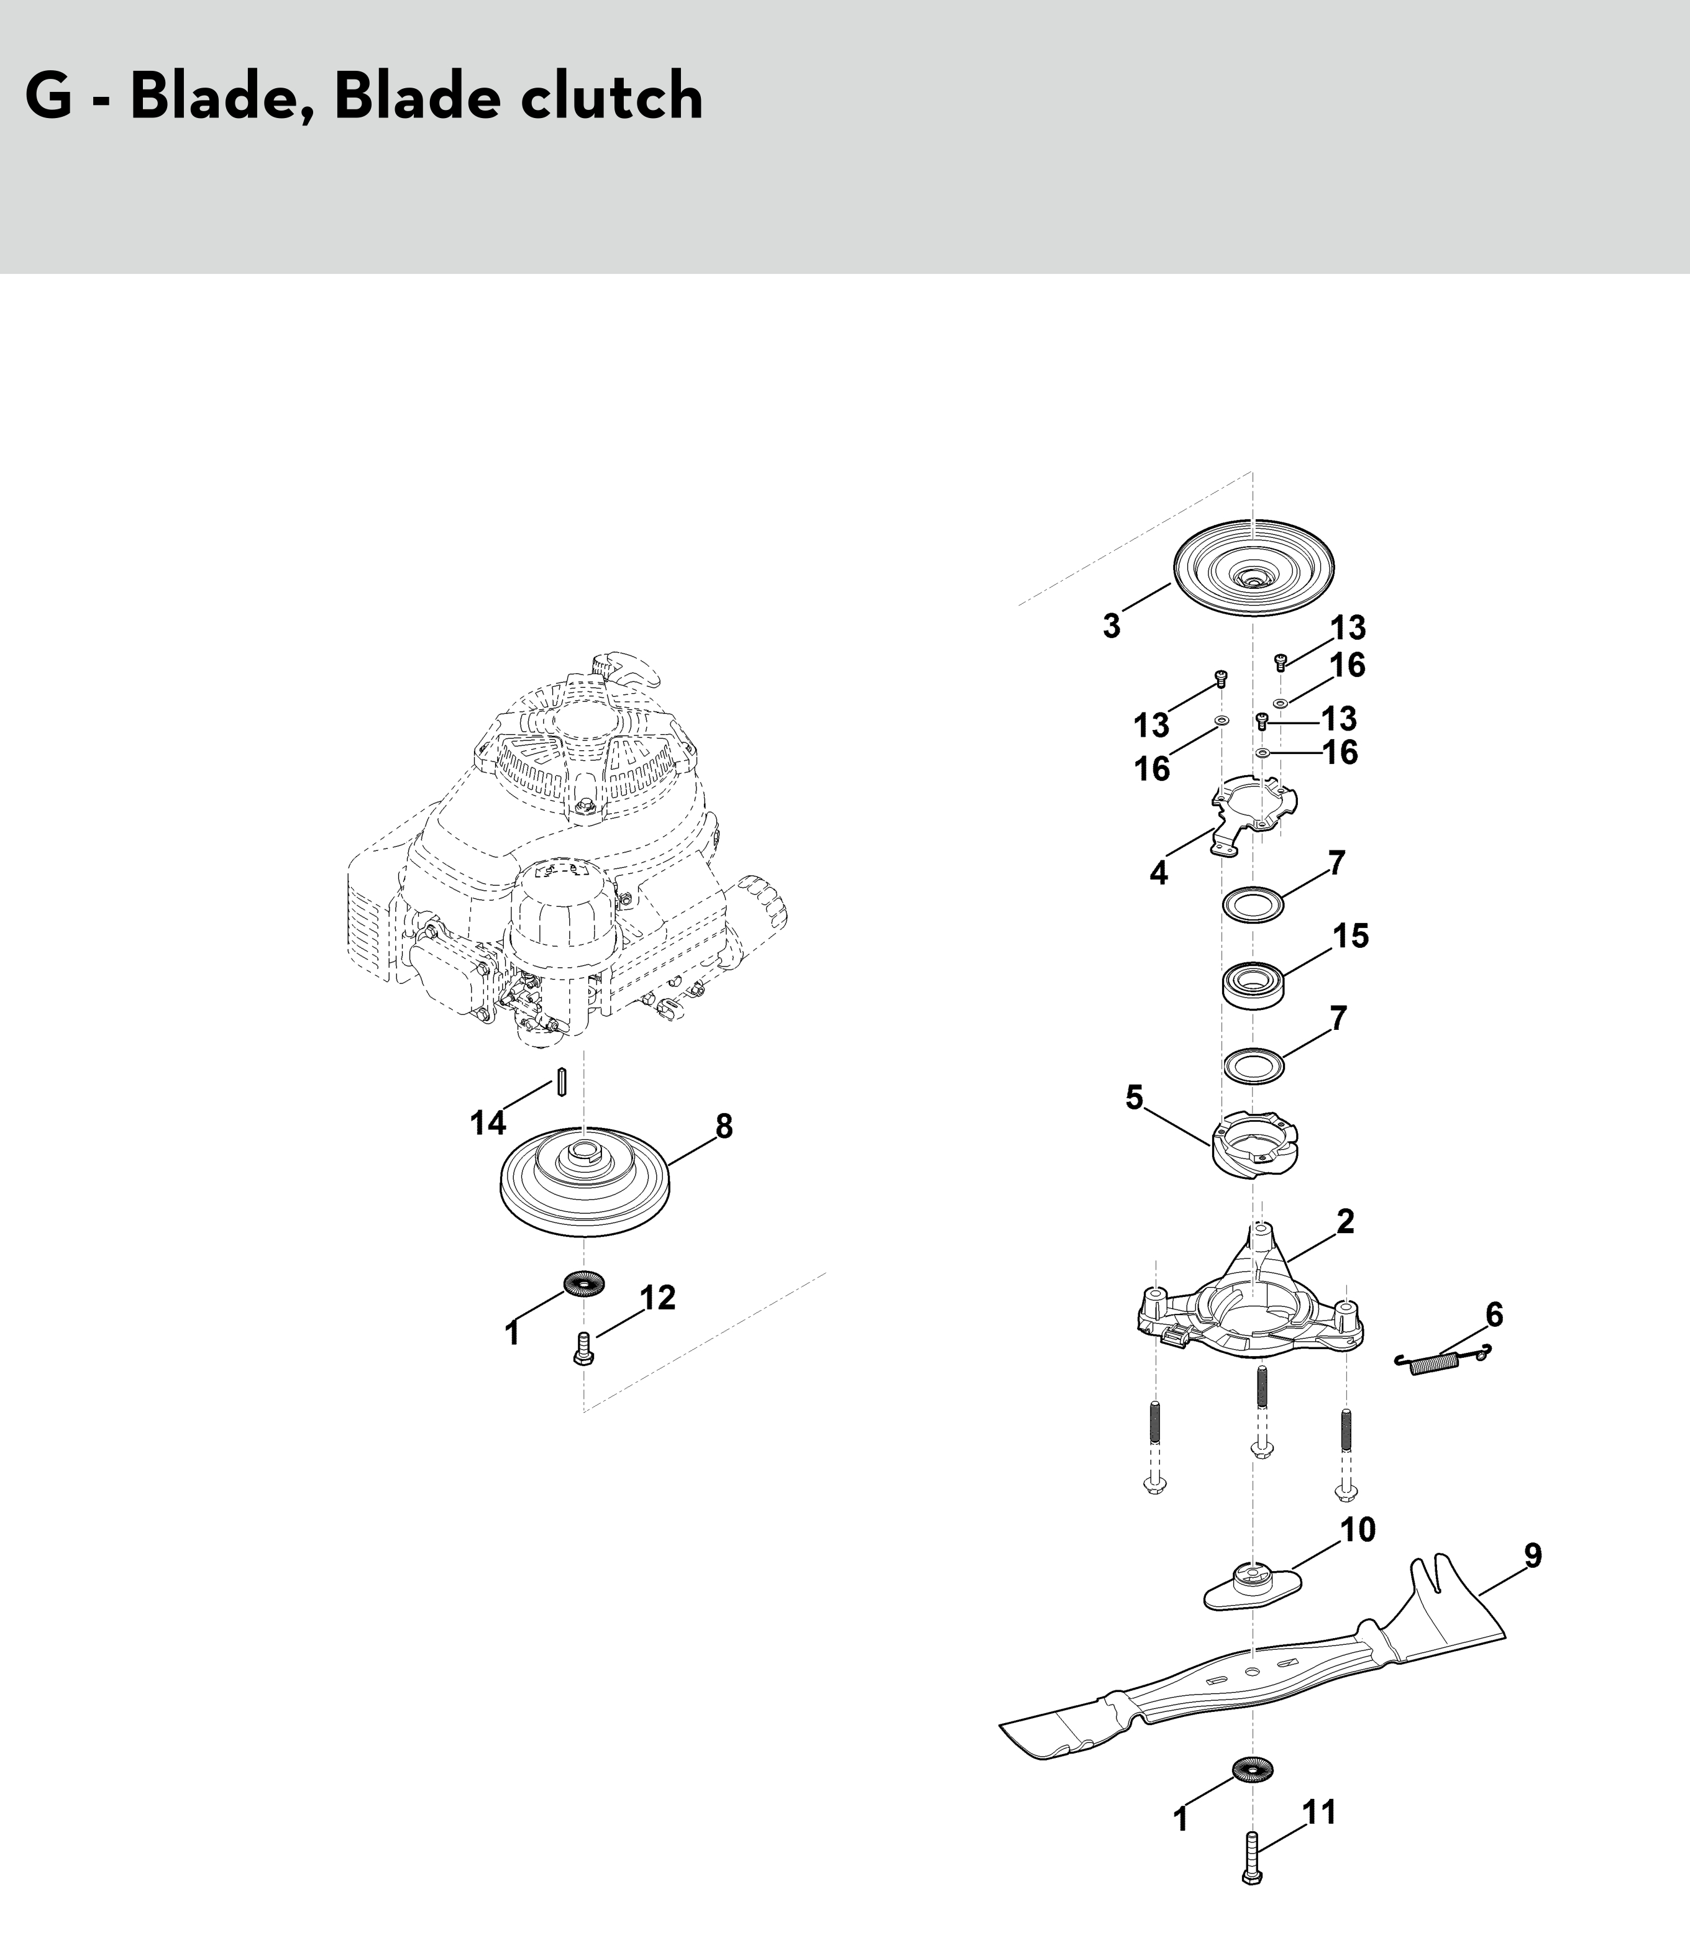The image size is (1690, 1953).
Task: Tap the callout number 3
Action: pos(1112,626)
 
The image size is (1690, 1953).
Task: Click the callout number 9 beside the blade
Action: pos(1533,1555)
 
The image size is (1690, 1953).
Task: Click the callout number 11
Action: pos(1318,1813)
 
